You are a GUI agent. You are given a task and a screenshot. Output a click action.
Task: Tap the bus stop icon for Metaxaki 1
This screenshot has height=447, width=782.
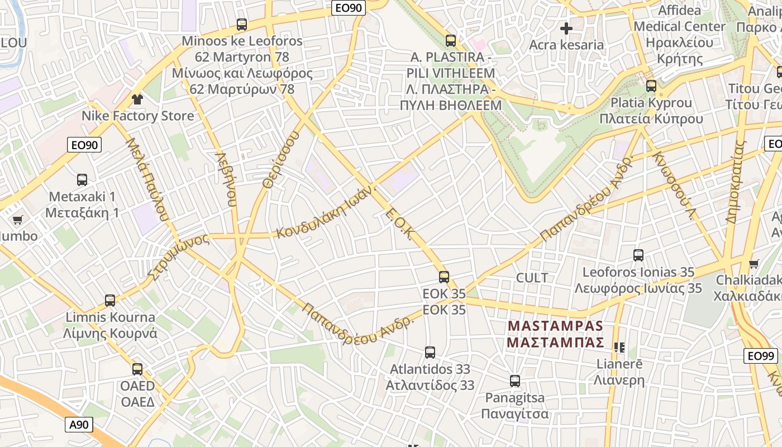(82, 180)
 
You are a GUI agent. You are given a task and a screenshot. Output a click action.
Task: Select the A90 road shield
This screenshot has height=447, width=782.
(79, 425)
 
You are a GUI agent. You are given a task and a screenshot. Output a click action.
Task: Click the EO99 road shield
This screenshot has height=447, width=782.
(761, 356)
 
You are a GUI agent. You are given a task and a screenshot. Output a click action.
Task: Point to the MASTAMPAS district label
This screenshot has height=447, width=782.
(555, 334)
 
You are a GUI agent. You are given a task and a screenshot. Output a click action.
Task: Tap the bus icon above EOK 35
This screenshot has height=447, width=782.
(444, 277)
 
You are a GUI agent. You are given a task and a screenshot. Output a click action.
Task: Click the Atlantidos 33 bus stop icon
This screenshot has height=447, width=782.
(430, 353)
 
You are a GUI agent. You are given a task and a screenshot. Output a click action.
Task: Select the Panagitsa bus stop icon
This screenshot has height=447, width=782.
(515, 381)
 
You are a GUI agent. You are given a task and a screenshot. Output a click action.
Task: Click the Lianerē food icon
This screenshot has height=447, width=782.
(619, 348)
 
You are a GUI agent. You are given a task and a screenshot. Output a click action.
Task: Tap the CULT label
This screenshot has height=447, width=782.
(532, 278)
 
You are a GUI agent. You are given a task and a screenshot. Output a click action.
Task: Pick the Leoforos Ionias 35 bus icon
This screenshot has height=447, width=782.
(638, 255)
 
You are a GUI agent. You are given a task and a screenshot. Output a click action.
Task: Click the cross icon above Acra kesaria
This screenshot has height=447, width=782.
(566, 28)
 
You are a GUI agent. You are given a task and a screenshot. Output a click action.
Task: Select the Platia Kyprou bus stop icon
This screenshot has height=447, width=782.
(651, 86)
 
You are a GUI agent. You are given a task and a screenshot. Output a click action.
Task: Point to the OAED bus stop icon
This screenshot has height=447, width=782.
(137, 369)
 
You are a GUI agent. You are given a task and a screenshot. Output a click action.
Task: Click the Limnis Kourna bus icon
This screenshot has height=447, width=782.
(110, 301)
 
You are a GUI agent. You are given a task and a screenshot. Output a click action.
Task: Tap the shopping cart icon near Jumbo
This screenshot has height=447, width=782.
(17, 220)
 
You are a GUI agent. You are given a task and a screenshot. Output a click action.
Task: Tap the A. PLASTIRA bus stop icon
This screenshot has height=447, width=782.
(451, 41)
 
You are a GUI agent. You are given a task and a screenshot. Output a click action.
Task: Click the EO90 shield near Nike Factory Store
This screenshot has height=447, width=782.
(85, 145)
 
